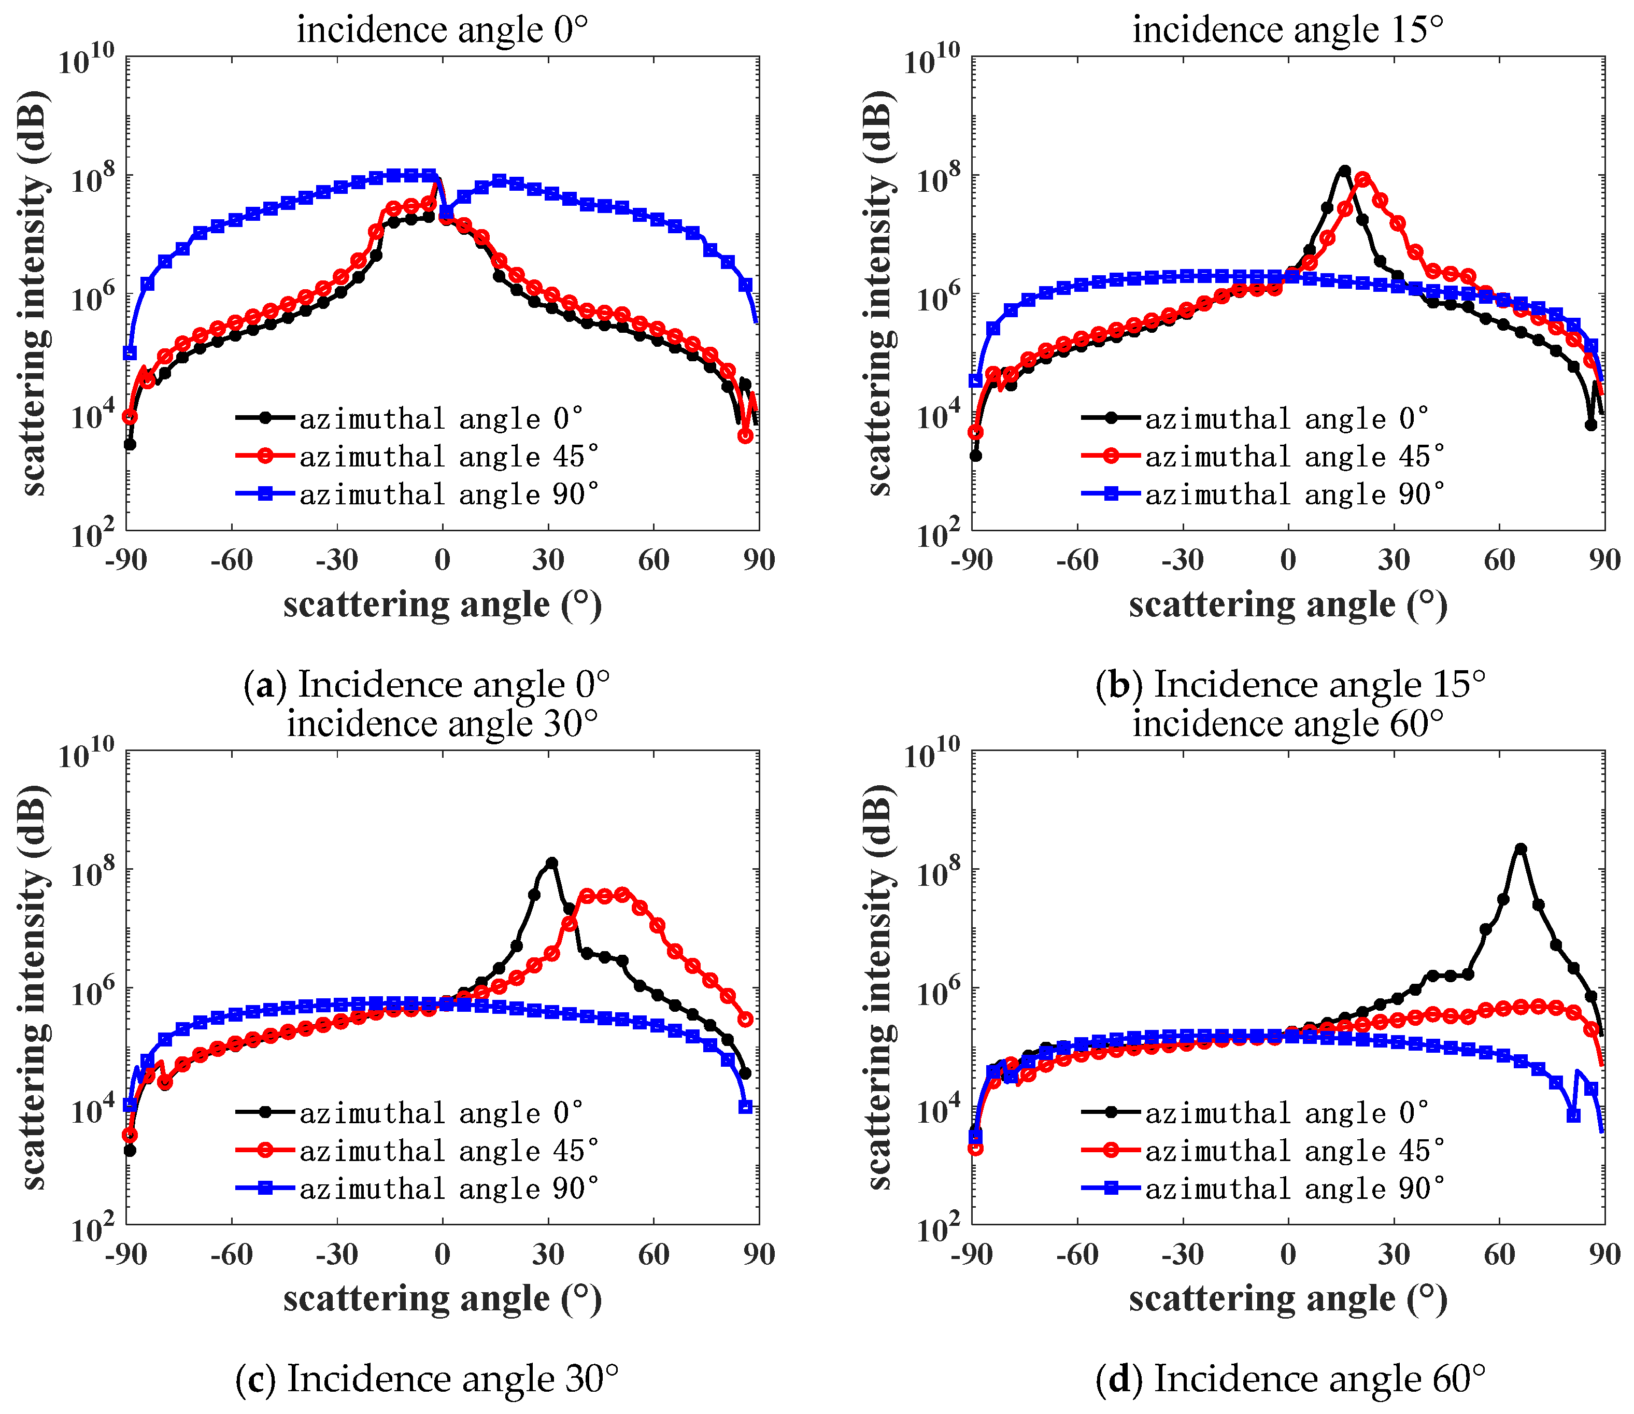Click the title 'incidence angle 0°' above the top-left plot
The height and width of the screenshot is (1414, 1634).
442,30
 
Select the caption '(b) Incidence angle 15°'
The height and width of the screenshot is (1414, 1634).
1290,684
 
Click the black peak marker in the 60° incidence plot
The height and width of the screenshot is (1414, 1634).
1521,849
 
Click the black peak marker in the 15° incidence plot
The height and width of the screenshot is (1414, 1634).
1344,171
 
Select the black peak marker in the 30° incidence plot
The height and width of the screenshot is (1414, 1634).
551,863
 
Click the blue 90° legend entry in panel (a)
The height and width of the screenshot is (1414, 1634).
418,494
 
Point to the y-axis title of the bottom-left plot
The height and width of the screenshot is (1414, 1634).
33,988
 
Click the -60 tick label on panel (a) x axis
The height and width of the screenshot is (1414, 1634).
231,560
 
